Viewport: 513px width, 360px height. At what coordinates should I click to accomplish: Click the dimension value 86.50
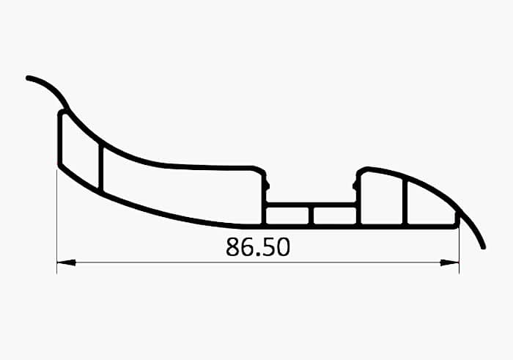(258, 247)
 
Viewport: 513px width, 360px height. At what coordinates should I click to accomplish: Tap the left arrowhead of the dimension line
(66, 262)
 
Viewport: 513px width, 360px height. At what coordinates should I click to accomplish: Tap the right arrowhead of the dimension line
(449, 262)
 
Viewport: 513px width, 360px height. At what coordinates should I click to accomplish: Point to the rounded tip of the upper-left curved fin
(28, 78)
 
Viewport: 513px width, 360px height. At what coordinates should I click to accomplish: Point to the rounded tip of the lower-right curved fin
(484, 247)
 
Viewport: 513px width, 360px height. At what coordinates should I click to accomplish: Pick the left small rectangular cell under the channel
(287, 216)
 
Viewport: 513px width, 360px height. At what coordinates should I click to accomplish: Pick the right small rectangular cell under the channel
(335, 216)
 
